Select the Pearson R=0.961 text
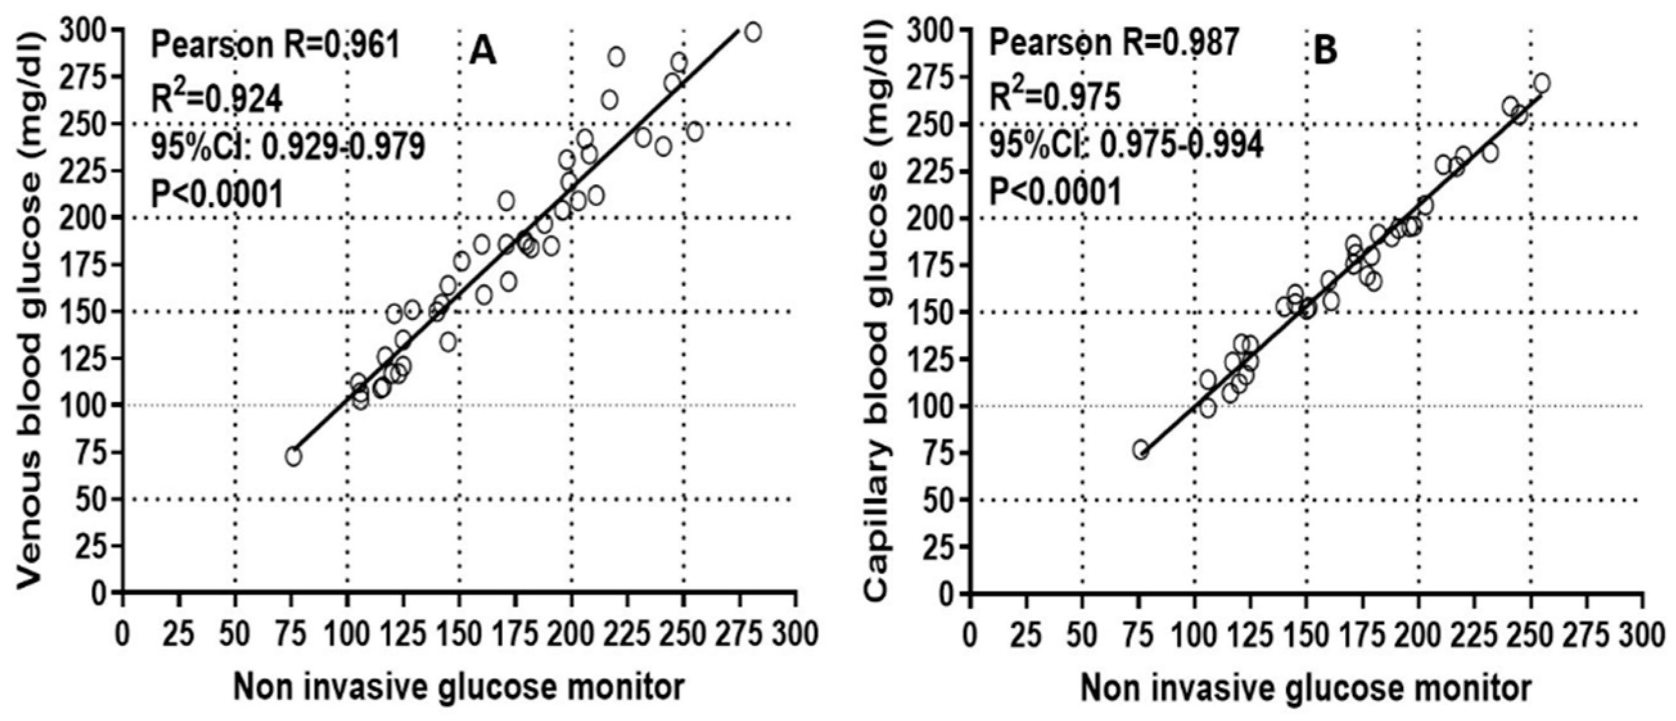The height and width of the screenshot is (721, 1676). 276,46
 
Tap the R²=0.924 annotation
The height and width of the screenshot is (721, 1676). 217,99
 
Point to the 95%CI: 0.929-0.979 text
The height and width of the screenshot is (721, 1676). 288,147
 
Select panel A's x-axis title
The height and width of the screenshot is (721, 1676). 458,687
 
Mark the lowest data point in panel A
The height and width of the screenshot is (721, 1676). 293,457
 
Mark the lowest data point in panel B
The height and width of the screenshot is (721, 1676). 1140,450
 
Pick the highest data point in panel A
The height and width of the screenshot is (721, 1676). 753,32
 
